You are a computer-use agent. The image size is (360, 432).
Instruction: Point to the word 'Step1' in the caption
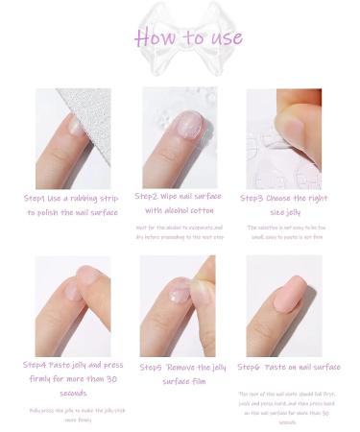[39, 198]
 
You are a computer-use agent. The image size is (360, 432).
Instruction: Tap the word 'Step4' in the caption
[39, 365]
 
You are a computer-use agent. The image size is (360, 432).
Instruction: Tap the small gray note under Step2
[179, 231]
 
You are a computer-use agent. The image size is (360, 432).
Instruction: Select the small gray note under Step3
[284, 231]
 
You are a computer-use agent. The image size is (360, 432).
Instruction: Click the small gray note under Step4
[73, 414]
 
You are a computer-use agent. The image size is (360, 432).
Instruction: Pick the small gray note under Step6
[284, 403]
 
